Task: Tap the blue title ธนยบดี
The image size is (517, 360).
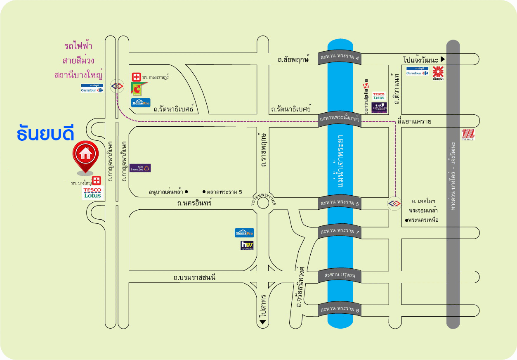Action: pyautogui.click(x=45, y=135)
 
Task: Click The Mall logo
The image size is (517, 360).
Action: pyautogui.click(x=468, y=135)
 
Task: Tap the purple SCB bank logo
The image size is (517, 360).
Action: pyautogui.click(x=140, y=168)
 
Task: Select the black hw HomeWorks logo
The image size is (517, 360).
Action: pyautogui.click(x=247, y=246)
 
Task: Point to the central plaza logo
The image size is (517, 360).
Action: pyautogui.click(x=366, y=96)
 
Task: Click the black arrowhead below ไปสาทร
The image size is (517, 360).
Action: pyautogui.click(x=262, y=322)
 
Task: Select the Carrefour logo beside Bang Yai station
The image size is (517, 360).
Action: pyautogui.click(x=92, y=88)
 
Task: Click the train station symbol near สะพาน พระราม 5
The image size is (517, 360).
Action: pyautogui.click(x=394, y=203)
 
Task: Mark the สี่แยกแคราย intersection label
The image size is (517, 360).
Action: pyautogui.click(x=414, y=121)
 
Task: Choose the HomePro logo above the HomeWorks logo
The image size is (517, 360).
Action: pyautogui.click(x=244, y=233)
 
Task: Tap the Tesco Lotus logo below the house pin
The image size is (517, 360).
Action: pyautogui.click(x=92, y=193)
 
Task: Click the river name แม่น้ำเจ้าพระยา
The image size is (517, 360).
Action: pyautogui.click(x=341, y=160)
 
